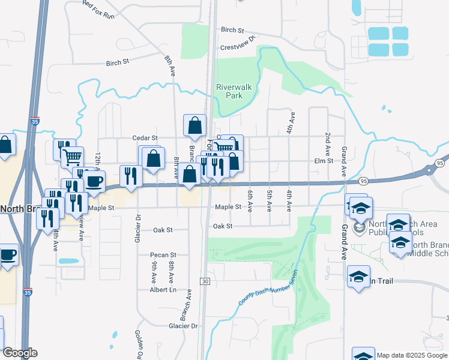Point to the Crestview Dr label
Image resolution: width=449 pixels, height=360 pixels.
(238, 38)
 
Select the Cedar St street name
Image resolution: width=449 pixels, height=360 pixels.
(145, 137)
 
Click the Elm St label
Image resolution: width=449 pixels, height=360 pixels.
(323, 161)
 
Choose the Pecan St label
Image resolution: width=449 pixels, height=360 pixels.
(163, 254)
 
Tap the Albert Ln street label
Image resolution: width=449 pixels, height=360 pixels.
(163, 289)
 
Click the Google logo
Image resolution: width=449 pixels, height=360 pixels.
(19, 353)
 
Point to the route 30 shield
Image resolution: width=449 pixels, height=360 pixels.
(205, 281)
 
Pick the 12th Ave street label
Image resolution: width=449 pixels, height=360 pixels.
(97, 161)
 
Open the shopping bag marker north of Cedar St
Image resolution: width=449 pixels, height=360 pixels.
(194, 127)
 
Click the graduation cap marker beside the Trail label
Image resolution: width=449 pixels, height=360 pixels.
(358, 277)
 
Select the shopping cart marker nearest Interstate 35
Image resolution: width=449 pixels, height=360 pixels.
(73, 157)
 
